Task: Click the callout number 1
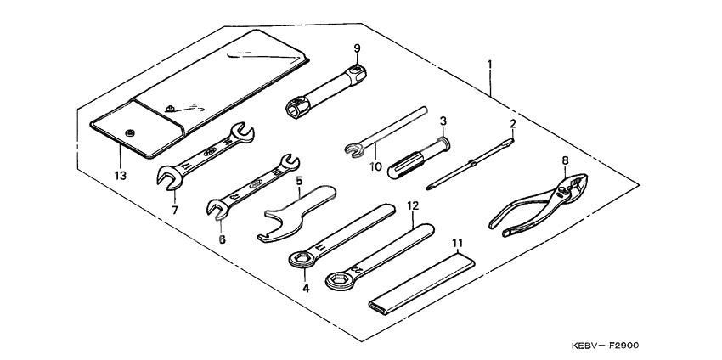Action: (x=490, y=65)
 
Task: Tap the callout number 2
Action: (x=513, y=124)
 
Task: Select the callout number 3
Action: (x=443, y=121)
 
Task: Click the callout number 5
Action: (x=299, y=180)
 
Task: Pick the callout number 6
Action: (x=222, y=239)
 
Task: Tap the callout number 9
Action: (x=358, y=48)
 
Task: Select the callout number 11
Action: (x=458, y=243)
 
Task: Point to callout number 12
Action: (x=413, y=205)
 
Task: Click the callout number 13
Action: (x=120, y=176)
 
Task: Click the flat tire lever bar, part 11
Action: (x=424, y=281)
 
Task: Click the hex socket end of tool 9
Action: (x=295, y=109)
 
